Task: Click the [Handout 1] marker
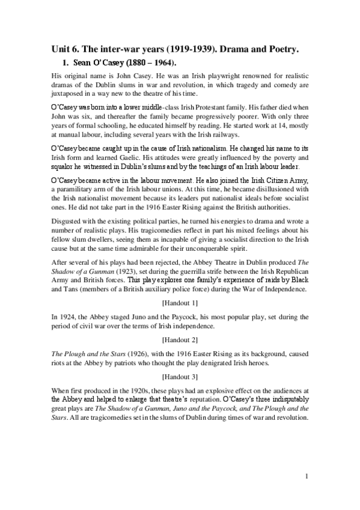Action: tap(180, 301)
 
